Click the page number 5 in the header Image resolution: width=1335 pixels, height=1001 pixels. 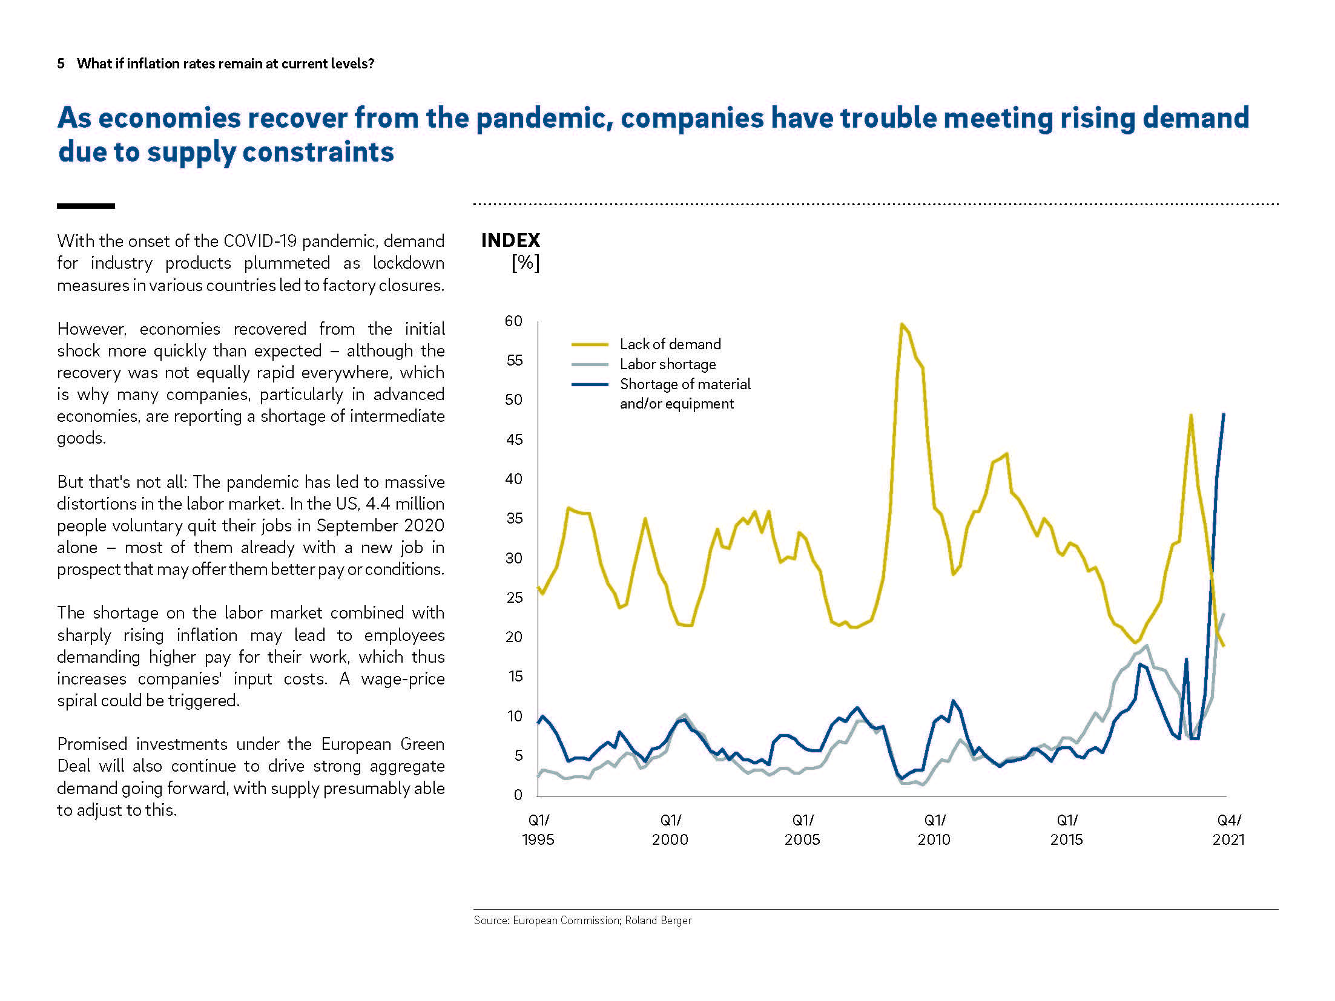pyautogui.click(x=61, y=64)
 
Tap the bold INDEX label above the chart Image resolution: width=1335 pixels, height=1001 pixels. pyautogui.click(x=510, y=241)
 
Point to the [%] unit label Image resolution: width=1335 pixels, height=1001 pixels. pyautogui.click(x=525, y=263)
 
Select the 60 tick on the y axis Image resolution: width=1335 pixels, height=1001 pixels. pyautogui.click(x=513, y=321)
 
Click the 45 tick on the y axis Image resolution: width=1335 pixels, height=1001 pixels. pyautogui.click(x=514, y=440)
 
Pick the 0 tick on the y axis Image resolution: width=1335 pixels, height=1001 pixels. pyautogui.click(x=518, y=795)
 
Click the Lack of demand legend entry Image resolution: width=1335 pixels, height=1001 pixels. pyautogui.click(x=670, y=344)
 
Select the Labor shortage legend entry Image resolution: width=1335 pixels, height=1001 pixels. pyautogui.click(x=668, y=364)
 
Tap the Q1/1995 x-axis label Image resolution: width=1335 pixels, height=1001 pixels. pyautogui.click(x=538, y=830)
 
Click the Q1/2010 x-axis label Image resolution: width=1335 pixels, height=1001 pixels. pyautogui.click(x=934, y=830)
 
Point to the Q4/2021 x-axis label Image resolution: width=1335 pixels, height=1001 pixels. pyautogui.click(x=1228, y=830)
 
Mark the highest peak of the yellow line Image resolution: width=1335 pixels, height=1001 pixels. pyautogui.click(x=902, y=324)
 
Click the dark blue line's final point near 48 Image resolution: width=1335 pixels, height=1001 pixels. pyautogui.click(x=1224, y=415)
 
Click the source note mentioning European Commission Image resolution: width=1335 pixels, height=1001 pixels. pyautogui.click(x=582, y=921)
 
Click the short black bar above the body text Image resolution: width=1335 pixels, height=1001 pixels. pyautogui.click(x=86, y=206)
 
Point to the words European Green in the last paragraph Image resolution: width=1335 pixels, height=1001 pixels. pyautogui.click(x=383, y=744)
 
